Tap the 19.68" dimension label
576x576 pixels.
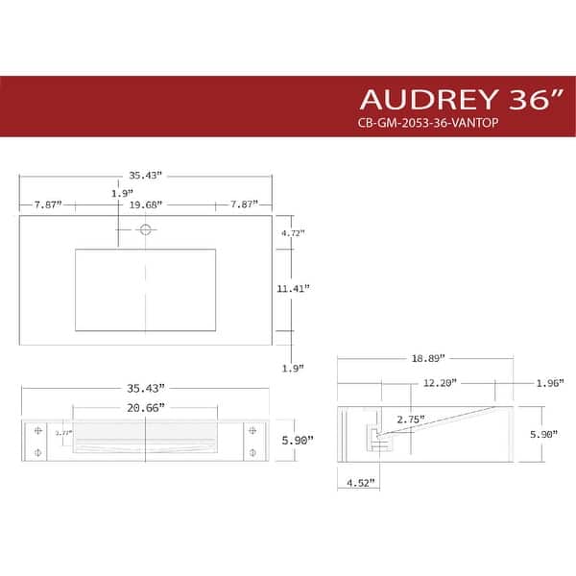(146, 204)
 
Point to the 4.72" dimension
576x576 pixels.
(292, 232)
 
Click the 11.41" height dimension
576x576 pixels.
(294, 288)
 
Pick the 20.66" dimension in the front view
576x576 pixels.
(146, 407)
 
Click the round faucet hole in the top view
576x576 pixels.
(146, 229)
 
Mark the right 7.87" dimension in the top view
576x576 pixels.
(242, 204)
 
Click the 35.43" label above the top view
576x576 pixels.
(145, 176)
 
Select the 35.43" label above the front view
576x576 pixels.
(146, 387)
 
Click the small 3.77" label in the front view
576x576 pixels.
(62, 433)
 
